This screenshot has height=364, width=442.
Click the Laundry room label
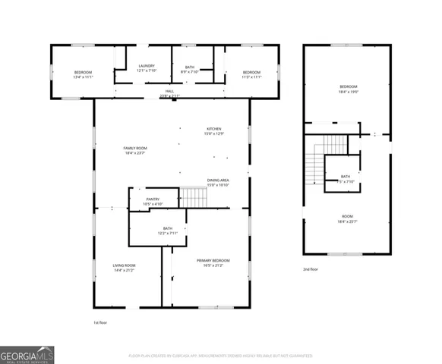click(147, 68)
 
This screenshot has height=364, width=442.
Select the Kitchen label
click(213, 131)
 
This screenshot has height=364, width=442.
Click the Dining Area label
click(218, 183)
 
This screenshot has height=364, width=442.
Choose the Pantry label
click(153, 202)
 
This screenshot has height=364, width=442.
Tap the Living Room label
click(125, 268)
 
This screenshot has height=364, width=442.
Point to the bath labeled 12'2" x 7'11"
click(167, 231)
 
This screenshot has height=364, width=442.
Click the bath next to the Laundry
click(190, 68)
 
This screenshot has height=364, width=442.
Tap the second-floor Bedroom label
click(348, 89)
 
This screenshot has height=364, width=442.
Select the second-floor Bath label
click(346, 179)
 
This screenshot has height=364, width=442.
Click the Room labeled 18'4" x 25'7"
click(348, 219)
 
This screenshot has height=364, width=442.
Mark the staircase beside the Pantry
click(194, 198)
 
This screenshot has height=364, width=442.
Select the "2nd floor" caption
click(311, 269)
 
